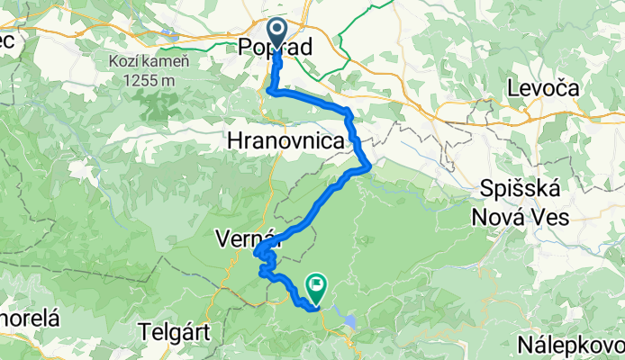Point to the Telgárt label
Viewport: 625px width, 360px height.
coord(176,331)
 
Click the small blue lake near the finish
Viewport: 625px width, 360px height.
coord(349,318)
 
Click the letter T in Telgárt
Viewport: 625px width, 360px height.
coord(145,331)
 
